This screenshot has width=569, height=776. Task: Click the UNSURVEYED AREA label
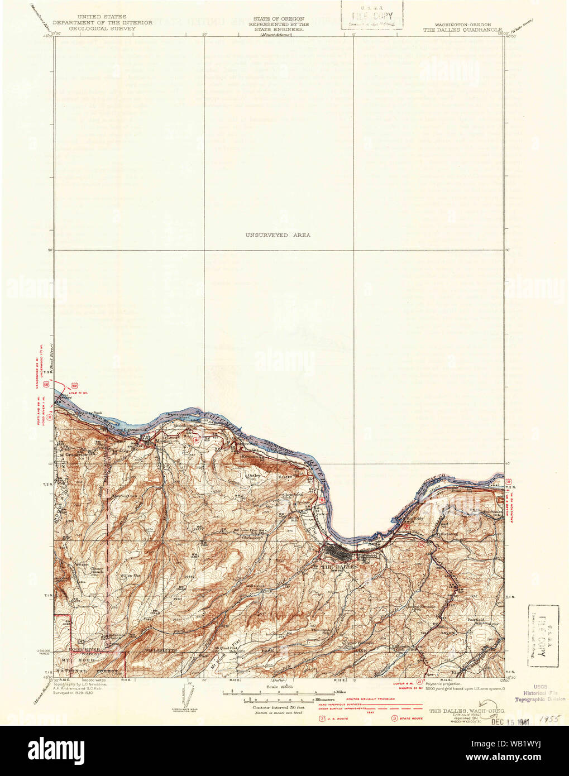coord(278,235)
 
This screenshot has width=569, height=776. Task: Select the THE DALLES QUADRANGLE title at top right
coord(462,30)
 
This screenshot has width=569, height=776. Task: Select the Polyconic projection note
coord(444,683)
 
